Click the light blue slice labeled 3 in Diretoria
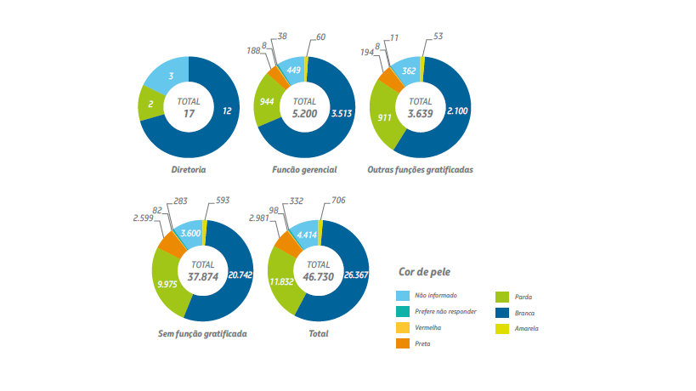171,76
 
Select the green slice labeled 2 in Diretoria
150,105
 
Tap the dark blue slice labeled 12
226,111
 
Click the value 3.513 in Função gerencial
342,112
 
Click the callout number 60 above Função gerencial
321,37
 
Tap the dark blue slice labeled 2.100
457,110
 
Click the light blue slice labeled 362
409,71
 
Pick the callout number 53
438,37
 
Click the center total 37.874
203,275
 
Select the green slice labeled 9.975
167,284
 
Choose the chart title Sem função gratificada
203,334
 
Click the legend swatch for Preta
404,343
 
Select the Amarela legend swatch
503,328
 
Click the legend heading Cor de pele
425,272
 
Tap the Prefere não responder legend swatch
404,312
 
